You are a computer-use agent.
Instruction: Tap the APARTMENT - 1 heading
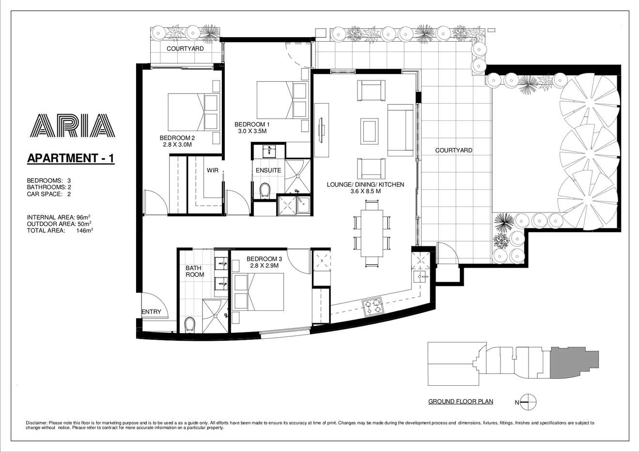(71, 158)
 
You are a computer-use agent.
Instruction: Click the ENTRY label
(151, 312)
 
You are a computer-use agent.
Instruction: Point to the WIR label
(212, 170)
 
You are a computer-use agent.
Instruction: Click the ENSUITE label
(268, 170)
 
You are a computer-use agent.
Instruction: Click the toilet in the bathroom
(190, 324)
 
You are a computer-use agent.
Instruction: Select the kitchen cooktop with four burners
(373, 305)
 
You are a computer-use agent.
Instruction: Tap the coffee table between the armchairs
(372, 130)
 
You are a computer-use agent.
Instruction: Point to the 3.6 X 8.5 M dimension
(365, 192)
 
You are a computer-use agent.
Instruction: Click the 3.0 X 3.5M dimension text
(252, 131)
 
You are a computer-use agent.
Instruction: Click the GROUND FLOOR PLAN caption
(461, 402)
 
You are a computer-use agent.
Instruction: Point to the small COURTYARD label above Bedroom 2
(185, 49)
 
